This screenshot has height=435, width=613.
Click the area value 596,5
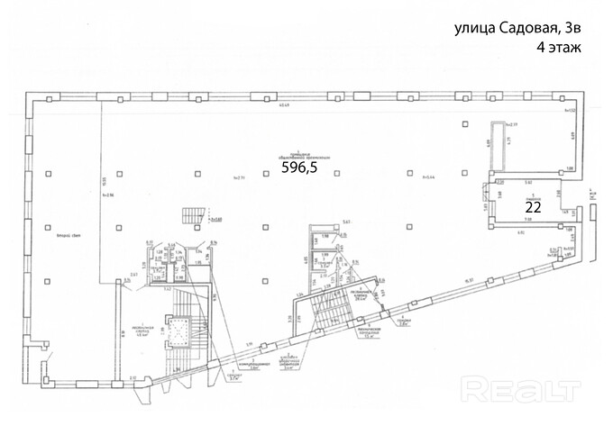point(300,167)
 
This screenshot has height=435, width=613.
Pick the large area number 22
point(532,205)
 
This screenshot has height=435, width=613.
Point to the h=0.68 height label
point(215,219)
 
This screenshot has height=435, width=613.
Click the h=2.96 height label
point(109,195)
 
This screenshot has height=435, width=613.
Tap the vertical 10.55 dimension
point(105,178)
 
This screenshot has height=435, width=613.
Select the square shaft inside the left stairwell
point(178,331)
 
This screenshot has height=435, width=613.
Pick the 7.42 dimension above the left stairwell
point(168,290)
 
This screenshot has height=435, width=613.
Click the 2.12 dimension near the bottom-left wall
point(132,376)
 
